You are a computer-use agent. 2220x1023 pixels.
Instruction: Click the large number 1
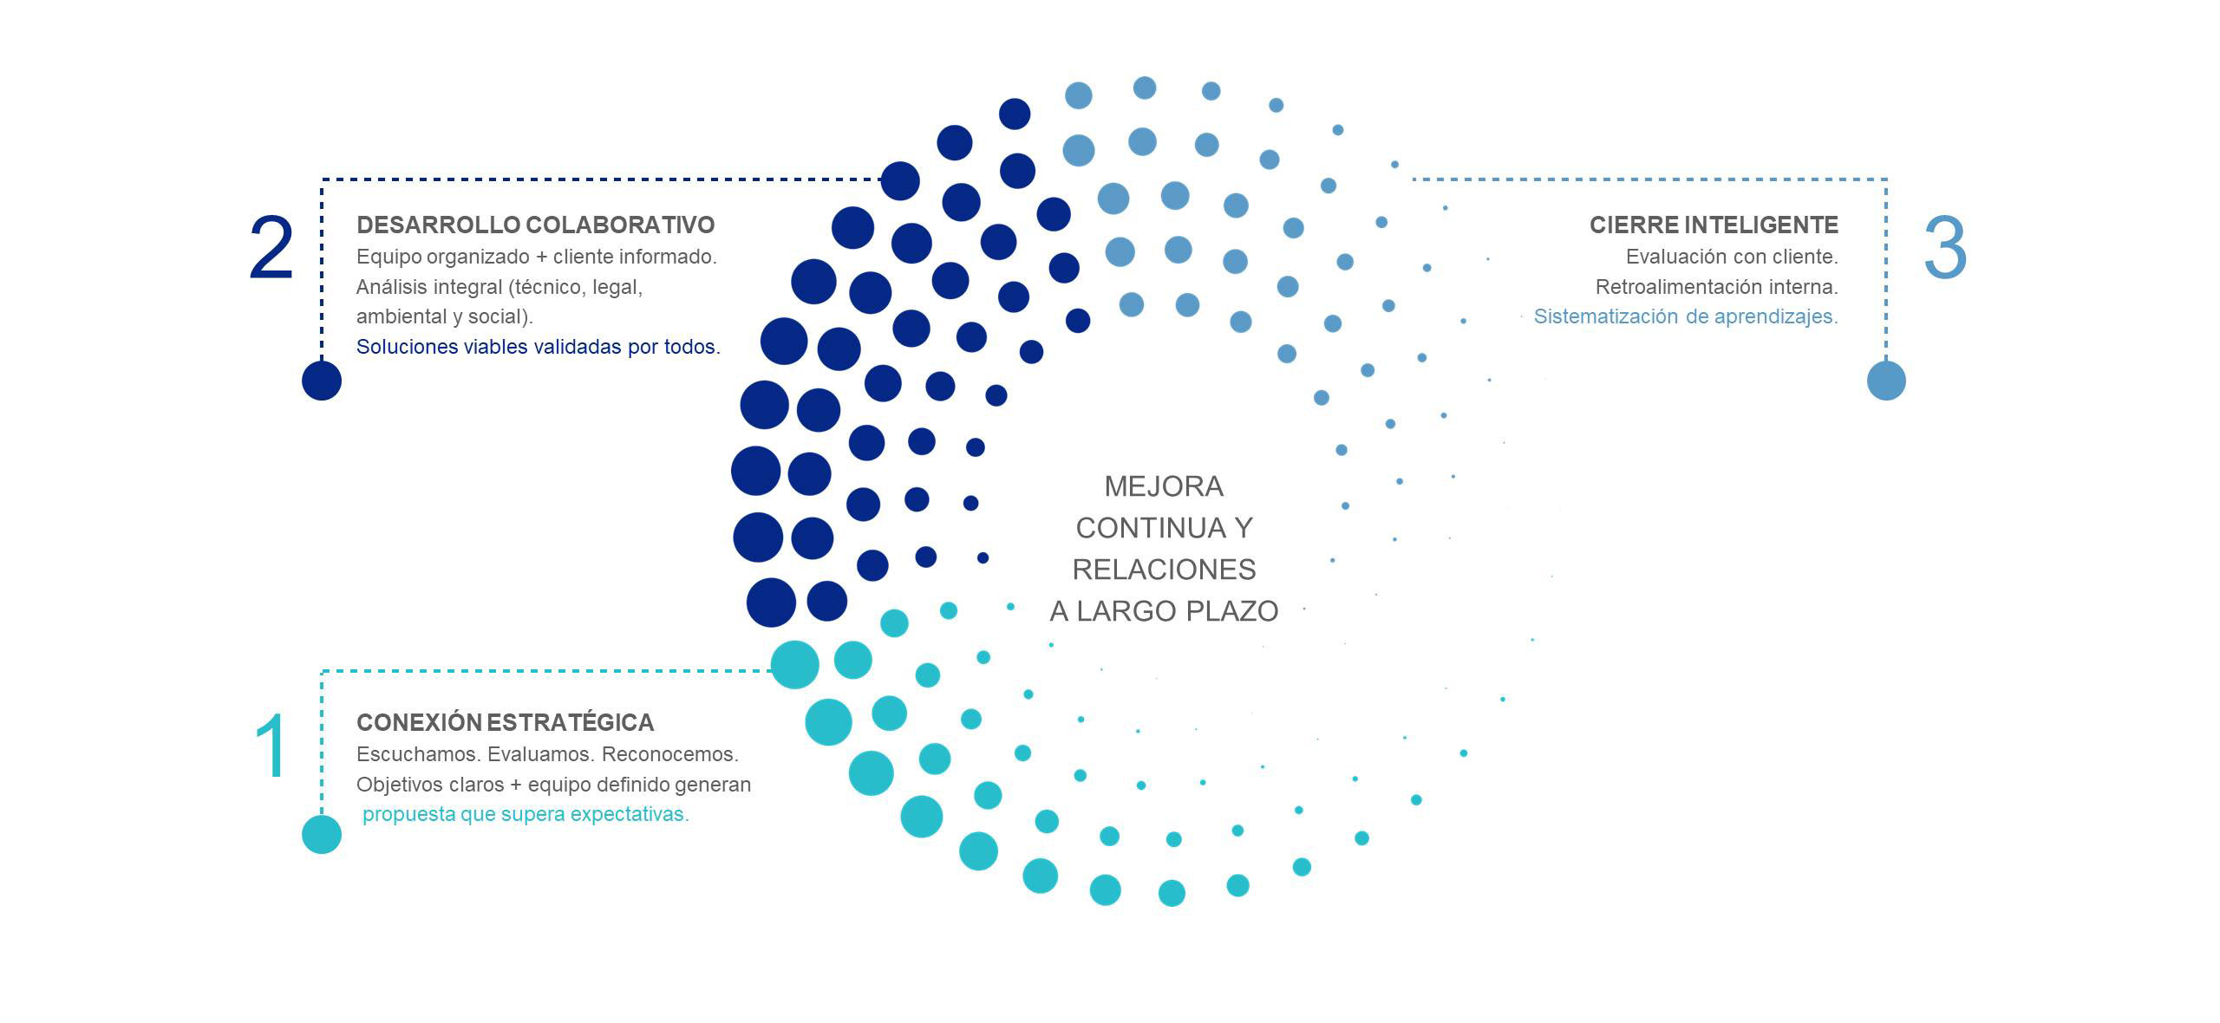click(271, 746)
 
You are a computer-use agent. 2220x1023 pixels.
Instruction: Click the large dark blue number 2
click(271, 249)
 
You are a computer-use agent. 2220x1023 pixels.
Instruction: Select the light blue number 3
click(1945, 249)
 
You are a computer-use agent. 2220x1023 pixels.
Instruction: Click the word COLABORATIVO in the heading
click(620, 225)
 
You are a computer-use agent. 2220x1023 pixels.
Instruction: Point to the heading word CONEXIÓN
click(418, 722)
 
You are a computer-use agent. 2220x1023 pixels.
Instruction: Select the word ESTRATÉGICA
click(570, 722)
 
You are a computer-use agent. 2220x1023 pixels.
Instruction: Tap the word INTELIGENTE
click(1763, 225)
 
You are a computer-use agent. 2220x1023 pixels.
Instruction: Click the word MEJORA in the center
click(1164, 486)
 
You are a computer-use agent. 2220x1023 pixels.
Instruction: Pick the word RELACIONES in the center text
click(1164, 570)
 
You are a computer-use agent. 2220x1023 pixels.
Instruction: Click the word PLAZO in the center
click(1231, 611)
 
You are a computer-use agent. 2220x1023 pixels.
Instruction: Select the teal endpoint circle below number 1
click(322, 834)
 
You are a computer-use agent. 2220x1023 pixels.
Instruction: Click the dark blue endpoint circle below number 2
click(322, 381)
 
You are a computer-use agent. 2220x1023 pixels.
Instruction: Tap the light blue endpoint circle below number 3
click(1886, 381)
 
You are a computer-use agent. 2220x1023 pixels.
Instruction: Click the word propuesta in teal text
click(408, 814)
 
